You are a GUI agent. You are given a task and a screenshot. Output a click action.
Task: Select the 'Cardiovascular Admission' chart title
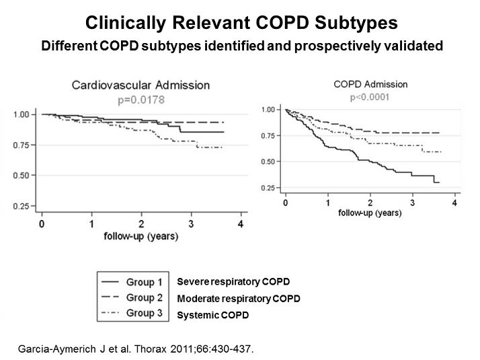click(x=141, y=85)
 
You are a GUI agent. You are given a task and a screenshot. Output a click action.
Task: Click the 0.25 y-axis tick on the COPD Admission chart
click(x=268, y=187)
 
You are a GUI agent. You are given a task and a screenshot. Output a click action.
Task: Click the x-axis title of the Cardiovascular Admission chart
click(x=141, y=237)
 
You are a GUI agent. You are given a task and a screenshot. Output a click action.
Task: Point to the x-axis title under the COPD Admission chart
click(x=370, y=214)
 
